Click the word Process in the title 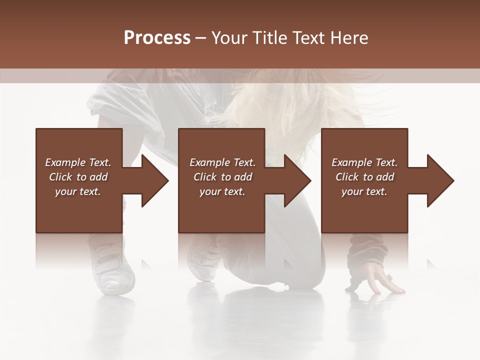coord(157,38)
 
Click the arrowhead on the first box coord(153,180)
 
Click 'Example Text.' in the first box coord(78,162)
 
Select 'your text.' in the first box coord(78,191)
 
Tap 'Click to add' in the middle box coord(222,177)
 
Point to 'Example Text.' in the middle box coord(222,162)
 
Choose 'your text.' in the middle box coord(222,191)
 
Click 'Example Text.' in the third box coord(364,162)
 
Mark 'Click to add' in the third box coord(364,177)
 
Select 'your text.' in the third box coord(364,191)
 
